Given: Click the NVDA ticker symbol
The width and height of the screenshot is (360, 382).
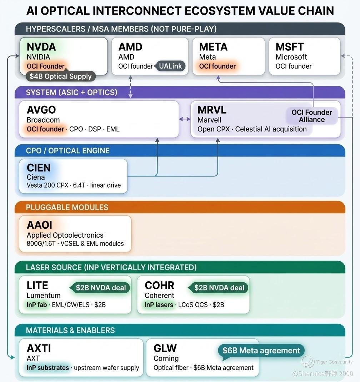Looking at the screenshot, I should click(x=41, y=47).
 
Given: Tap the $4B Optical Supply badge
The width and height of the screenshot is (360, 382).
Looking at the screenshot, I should click(x=61, y=76).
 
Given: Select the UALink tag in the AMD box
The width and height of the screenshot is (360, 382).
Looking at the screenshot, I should click(x=170, y=66).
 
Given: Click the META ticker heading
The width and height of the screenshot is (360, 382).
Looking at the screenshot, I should click(x=213, y=47).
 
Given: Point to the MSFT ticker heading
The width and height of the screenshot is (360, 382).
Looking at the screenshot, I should click(x=290, y=47).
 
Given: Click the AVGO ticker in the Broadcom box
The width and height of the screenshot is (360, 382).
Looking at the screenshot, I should click(x=41, y=110).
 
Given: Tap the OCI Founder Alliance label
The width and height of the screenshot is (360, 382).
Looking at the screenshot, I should click(x=312, y=116).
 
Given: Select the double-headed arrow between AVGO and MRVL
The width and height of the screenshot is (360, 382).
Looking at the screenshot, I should click(x=185, y=119).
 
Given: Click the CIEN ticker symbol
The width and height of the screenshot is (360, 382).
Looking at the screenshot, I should click(x=39, y=168).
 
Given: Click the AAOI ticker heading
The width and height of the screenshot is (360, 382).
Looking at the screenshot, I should click(x=39, y=225).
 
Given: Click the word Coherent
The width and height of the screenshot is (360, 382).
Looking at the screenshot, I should click(x=159, y=296).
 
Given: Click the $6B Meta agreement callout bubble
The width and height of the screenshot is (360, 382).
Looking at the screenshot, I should click(x=261, y=351).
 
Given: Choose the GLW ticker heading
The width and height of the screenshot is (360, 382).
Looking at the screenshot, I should click(x=165, y=348).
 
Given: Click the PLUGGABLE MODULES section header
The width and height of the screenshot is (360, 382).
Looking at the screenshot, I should click(x=67, y=207).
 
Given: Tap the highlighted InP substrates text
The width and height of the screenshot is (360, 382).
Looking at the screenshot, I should click(x=48, y=368).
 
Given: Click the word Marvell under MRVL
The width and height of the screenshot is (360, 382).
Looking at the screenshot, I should click(x=209, y=120).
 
